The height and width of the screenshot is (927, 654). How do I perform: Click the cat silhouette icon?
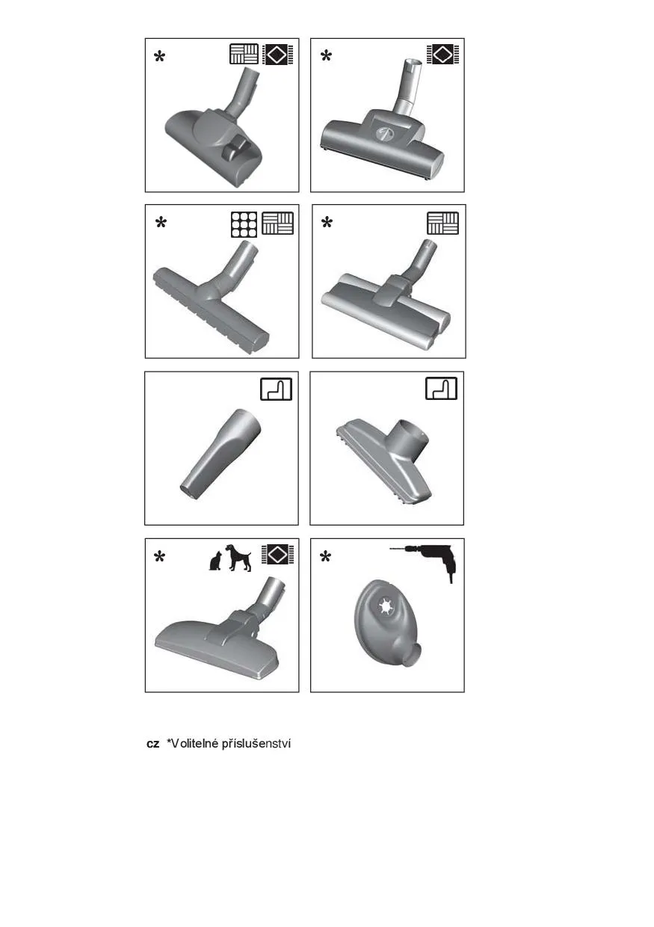pos(215,561)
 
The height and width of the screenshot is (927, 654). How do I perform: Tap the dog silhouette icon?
pos(238,558)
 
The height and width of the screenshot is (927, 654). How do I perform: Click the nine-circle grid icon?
pos(244,224)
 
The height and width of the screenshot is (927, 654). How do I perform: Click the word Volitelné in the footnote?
pos(191,744)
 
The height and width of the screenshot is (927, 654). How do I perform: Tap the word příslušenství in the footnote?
pos(256,745)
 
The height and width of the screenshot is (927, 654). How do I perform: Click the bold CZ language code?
pos(152,744)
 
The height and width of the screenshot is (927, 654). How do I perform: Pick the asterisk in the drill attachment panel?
pos(326,557)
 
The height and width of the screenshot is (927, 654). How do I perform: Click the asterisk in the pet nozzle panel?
pos(159,557)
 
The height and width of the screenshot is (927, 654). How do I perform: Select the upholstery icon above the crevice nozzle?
pos(276,389)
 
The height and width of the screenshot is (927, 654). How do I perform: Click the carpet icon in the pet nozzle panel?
pos(277,555)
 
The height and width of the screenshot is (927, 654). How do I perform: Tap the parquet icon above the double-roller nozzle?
pos(442,223)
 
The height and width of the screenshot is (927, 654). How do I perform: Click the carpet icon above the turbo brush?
pos(442,55)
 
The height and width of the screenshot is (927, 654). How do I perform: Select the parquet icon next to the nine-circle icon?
pos(277,223)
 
